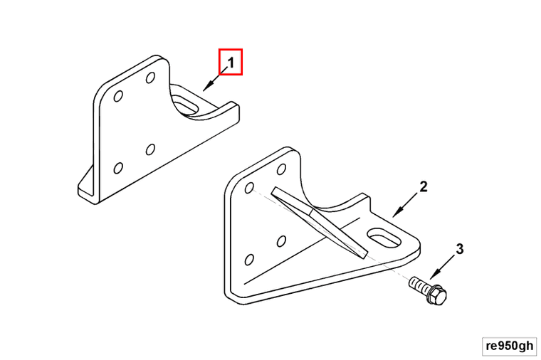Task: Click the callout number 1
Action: [x=231, y=63]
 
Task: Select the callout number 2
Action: [x=424, y=186]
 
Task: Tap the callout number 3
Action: [x=460, y=249]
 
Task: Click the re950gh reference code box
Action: [x=509, y=346]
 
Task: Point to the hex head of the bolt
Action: [x=437, y=295]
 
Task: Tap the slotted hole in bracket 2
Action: [x=384, y=238]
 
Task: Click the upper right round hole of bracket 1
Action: [x=150, y=78]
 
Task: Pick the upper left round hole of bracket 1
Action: [x=118, y=96]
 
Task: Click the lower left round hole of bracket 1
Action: [x=118, y=169]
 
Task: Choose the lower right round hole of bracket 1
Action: [x=150, y=149]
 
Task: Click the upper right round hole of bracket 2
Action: [x=282, y=169]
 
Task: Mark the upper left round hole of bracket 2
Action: [x=249, y=188]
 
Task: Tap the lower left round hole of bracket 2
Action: [x=249, y=260]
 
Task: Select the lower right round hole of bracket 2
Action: [x=282, y=241]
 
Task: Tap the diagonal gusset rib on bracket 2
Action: [x=319, y=223]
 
